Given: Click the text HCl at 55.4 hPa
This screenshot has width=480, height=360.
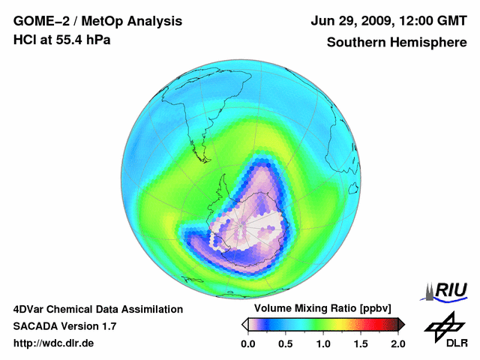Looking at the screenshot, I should click(x=61, y=40).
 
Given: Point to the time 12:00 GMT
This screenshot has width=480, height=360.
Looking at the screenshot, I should click(x=434, y=21).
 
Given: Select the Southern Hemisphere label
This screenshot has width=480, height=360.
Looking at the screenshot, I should click(x=397, y=42).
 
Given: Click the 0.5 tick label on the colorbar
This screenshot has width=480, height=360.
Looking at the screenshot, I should click(x=285, y=343).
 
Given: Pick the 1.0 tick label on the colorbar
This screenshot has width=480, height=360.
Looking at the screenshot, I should click(x=322, y=343).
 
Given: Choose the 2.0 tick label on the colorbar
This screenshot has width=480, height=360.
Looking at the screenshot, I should click(x=397, y=343).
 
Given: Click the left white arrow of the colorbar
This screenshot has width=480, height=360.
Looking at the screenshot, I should click(x=244, y=324).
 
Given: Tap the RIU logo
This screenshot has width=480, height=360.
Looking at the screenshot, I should click(x=448, y=290).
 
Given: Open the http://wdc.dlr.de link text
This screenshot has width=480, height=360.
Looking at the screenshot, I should click(x=54, y=343).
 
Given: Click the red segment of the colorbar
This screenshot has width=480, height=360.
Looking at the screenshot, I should click(x=379, y=324).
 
